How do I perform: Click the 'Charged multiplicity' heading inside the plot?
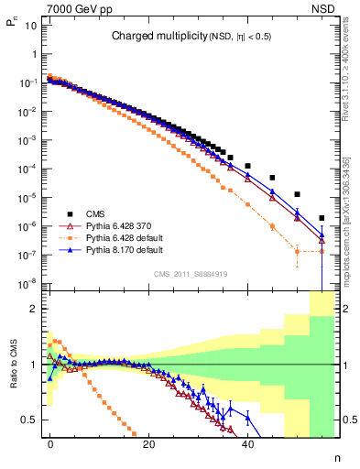(153, 37)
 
